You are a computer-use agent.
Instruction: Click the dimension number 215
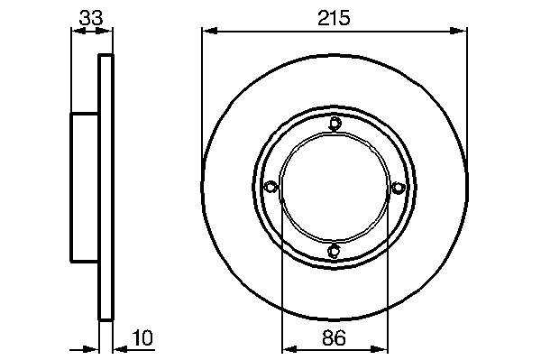(x=334, y=18)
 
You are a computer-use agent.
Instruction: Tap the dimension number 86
(x=334, y=338)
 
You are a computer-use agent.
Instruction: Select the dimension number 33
(x=91, y=18)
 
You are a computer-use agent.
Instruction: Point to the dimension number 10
(x=142, y=338)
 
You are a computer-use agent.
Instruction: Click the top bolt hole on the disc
(x=335, y=124)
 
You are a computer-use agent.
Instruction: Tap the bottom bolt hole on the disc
(x=334, y=251)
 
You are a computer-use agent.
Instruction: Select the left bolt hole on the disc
(x=270, y=187)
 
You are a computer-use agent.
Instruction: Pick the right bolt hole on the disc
(x=398, y=188)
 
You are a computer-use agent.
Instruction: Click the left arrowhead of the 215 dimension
(x=210, y=32)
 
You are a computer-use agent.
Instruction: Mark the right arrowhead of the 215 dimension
(x=459, y=32)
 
